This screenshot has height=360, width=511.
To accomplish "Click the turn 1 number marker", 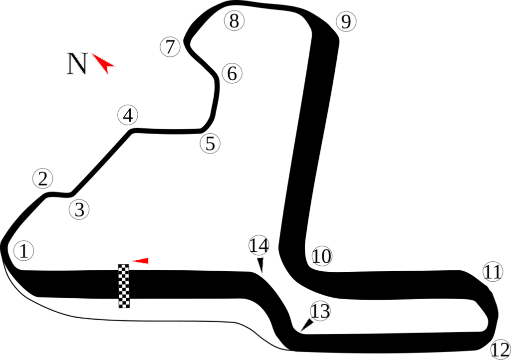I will [23, 250].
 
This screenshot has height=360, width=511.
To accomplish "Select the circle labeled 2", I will [43, 179].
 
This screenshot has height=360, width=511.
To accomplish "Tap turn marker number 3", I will [79, 209].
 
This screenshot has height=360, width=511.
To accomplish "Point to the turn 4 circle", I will [128, 115].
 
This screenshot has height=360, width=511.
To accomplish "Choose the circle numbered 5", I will [210, 144].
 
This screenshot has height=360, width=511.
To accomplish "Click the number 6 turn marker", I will [232, 73].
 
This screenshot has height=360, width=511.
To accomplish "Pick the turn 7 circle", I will [170, 47].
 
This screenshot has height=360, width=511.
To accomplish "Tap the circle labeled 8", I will [234, 21].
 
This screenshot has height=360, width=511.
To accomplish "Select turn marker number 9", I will [345, 21].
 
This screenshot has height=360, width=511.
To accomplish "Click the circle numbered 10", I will [322, 256].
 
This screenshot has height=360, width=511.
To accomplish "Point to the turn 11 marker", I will [493, 272].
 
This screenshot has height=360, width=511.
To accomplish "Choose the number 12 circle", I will [500, 349].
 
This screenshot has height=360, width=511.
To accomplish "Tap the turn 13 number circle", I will [320, 311].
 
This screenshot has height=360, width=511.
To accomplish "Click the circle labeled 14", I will [258, 245].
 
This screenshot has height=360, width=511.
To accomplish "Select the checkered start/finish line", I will [123, 286].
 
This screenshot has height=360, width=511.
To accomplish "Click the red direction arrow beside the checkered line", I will [141, 260].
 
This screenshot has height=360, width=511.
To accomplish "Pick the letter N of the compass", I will [77, 64].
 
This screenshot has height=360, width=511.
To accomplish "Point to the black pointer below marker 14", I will [260, 265].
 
